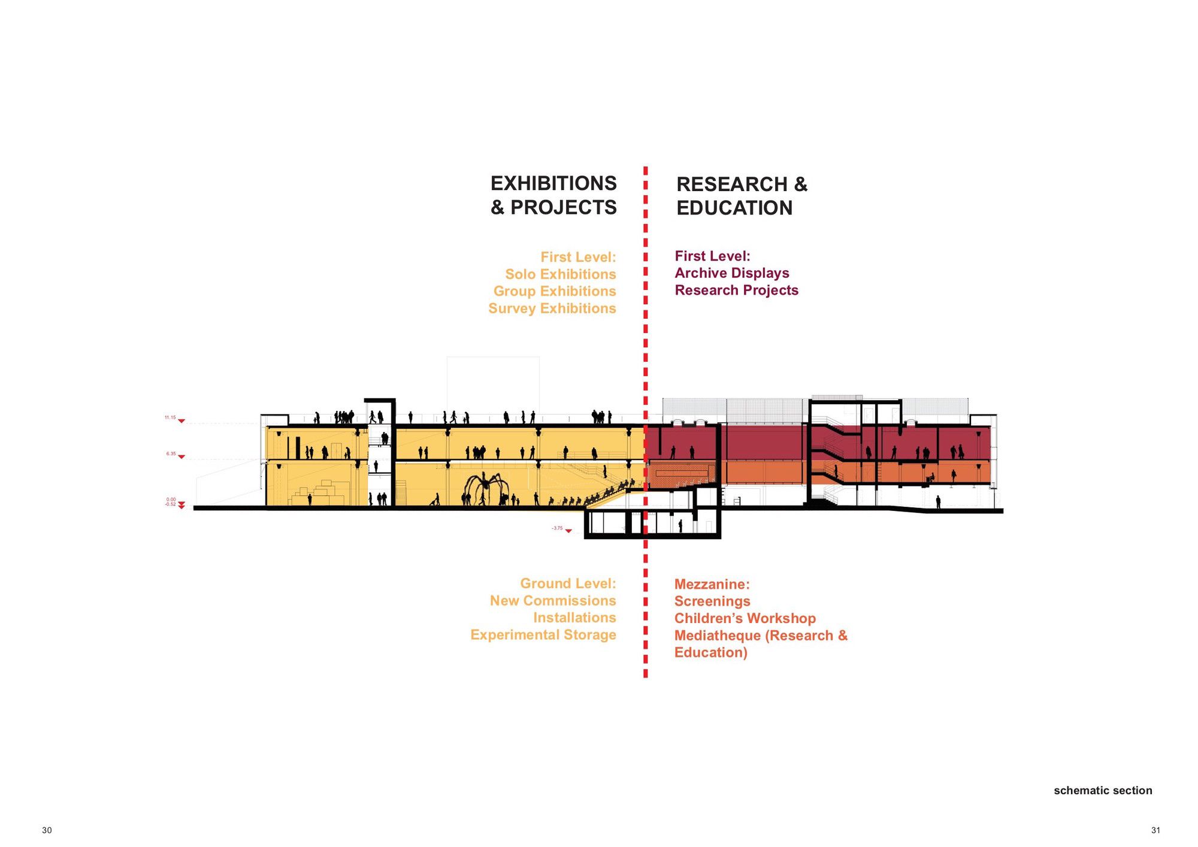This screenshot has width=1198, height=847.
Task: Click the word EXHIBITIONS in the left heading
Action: coord(553,183)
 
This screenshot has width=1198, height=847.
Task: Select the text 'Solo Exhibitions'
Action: coord(561,274)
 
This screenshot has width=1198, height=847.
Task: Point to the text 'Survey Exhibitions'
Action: coord(552,308)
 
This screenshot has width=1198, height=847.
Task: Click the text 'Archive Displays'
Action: coord(732,273)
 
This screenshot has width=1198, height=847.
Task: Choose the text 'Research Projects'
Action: coord(737,291)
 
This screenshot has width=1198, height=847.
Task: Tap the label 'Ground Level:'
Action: coord(568,583)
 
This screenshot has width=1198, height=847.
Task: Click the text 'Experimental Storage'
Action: coord(543,635)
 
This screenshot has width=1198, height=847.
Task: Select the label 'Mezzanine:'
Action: coord(712,584)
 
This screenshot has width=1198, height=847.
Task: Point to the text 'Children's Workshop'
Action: coord(745,619)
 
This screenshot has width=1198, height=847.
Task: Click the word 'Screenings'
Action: coord(712,601)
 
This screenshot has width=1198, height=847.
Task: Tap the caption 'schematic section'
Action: coord(1103,791)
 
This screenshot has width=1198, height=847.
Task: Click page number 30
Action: coord(47,830)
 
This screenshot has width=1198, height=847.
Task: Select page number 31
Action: coord(1155,830)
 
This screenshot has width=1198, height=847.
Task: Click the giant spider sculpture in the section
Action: coord(485,488)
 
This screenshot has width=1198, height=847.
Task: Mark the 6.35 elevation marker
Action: coord(176,455)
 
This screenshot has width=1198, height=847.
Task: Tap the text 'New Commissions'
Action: coord(553,601)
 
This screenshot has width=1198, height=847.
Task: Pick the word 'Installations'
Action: coord(574,618)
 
